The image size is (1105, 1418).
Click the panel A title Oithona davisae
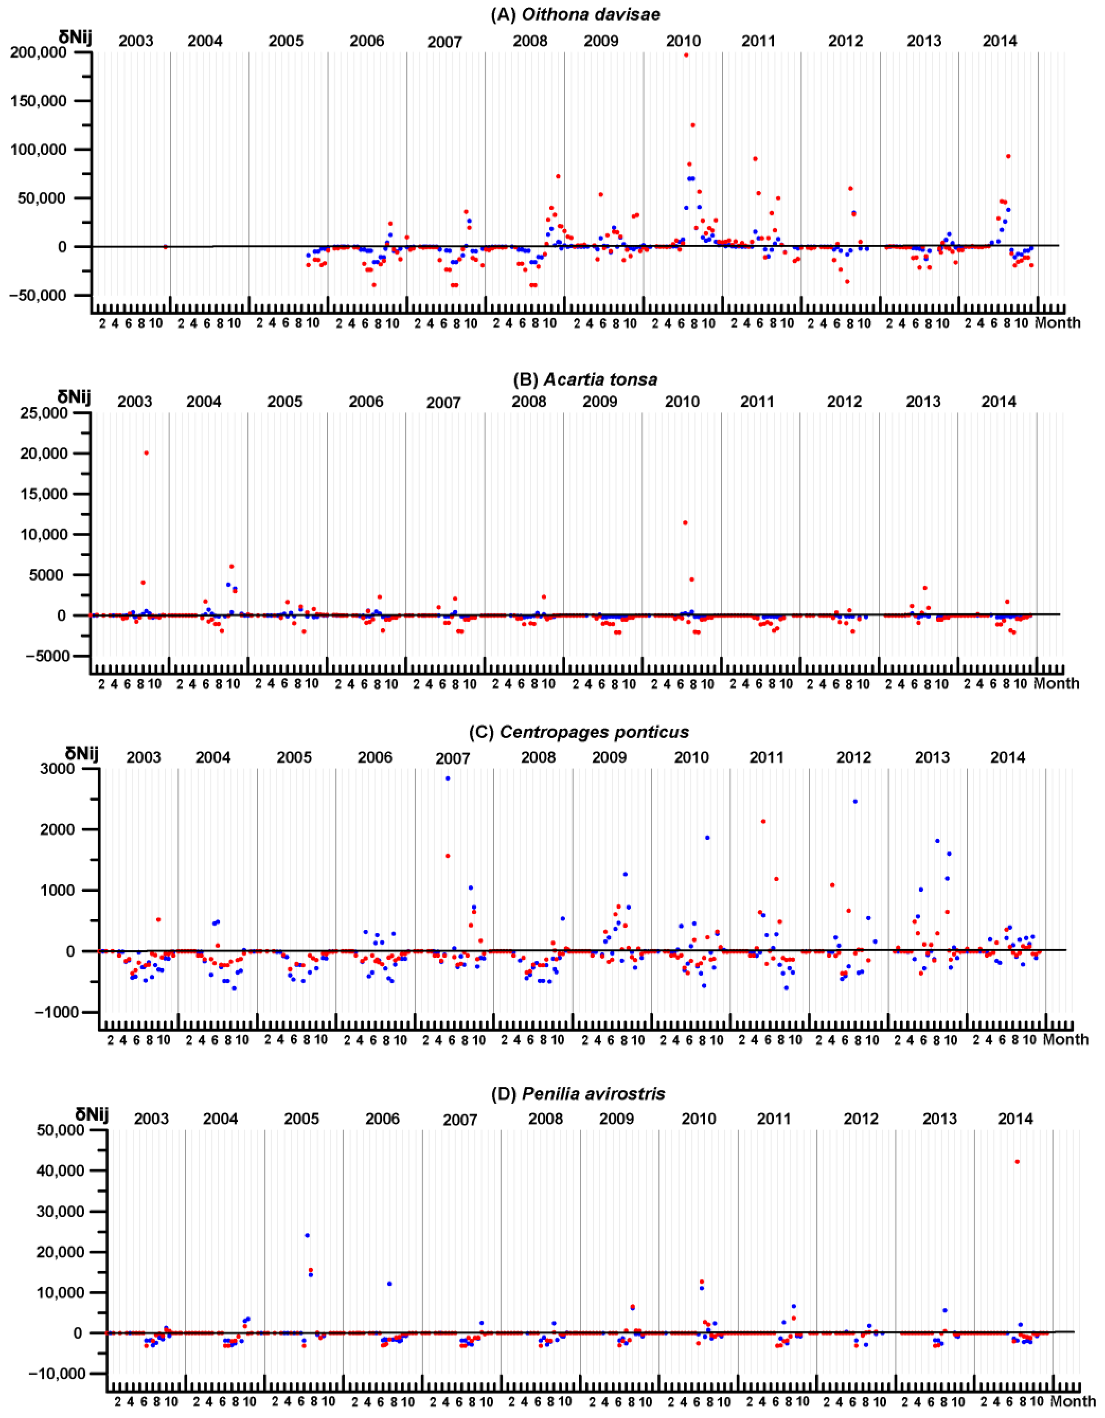tap(575, 14)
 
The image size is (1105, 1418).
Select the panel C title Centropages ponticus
tap(579, 732)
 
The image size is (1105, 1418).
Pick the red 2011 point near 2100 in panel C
tap(763, 821)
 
